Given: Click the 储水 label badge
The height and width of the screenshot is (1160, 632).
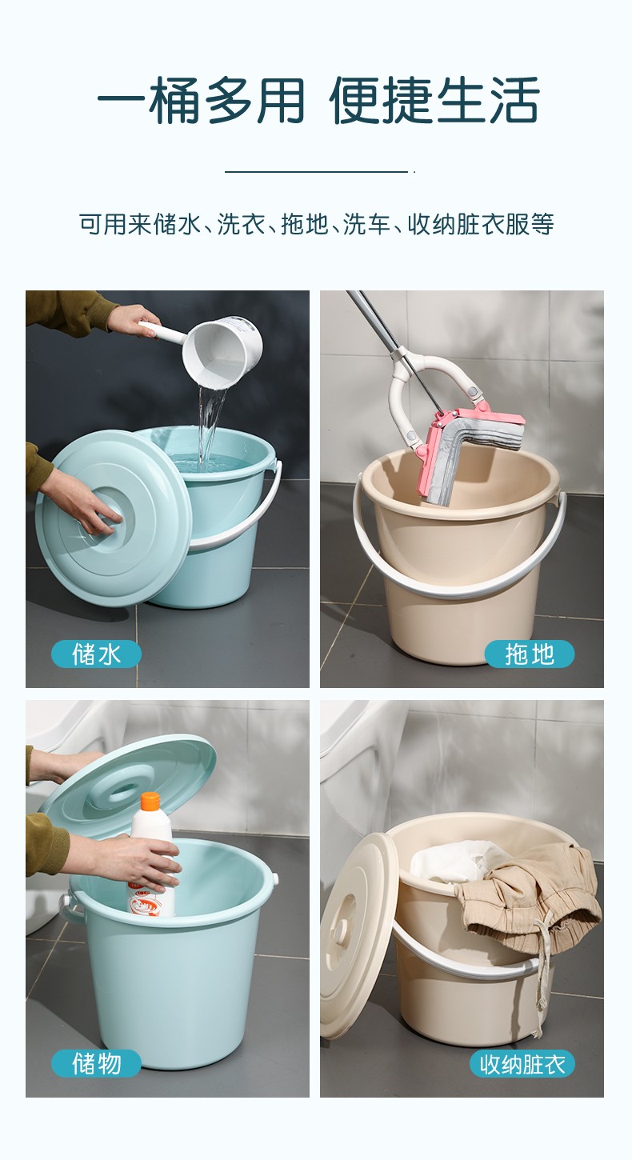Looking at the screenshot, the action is point(96,654).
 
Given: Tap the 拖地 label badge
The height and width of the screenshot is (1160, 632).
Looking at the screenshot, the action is point(530,654).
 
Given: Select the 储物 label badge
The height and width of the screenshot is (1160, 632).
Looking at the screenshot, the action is point(96,1064).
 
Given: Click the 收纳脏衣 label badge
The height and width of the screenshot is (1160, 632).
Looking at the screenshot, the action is point(522,1064).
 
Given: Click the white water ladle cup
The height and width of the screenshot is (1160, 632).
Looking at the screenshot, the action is point(222,352).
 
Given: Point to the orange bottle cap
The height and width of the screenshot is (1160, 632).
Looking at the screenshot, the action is point(150,801).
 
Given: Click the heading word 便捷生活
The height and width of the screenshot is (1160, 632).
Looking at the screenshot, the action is point(434,100).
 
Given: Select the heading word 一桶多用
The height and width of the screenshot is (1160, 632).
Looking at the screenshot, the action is point(201,100).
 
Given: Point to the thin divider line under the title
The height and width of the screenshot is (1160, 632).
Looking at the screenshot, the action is point(317,171).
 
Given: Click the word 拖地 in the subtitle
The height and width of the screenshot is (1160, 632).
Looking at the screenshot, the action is point(305,224).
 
